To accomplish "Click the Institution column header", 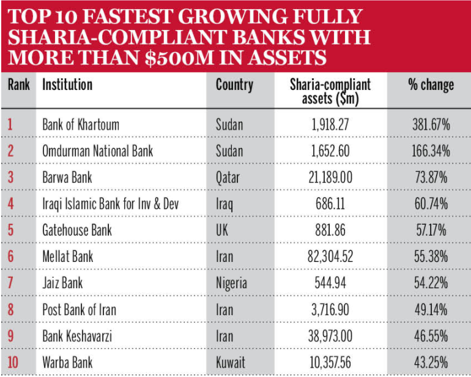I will click(x=67, y=84).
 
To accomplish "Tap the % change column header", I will click(x=431, y=84).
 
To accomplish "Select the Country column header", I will click(x=234, y=84).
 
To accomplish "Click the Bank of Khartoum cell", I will click(x=81, y=125).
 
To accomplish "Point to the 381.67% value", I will click(x=432, y=125).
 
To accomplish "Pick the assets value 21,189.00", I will click(x=330, y=177).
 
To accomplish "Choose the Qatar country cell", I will click(x=228, y=177).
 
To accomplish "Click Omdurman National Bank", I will click(x=97, y=151).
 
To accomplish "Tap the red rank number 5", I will click(x=10, y=230).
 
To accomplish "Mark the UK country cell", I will click(x=223, y=230).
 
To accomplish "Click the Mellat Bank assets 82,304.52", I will click(x=330, y=256).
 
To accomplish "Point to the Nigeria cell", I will click(x=231, y=283).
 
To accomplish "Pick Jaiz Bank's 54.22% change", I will click(x=432, y=283).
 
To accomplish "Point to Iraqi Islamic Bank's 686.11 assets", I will click(x=330, y=204).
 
